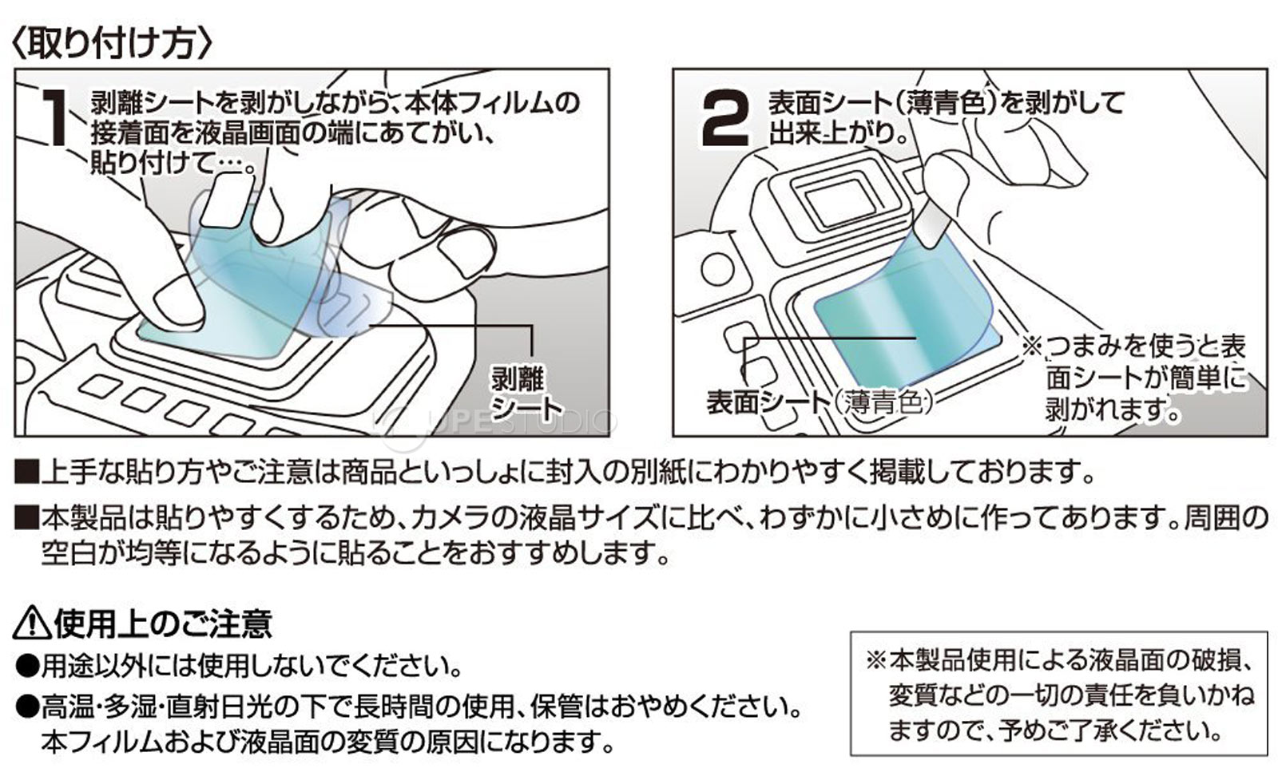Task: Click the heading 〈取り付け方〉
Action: click(x=112, y=42)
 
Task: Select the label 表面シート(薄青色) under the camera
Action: click(x=820, y=402)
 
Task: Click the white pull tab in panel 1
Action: click(x=227, y=200)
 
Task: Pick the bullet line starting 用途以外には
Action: click(x=240, y=664)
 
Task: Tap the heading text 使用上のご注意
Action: click(x=163, y=623)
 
